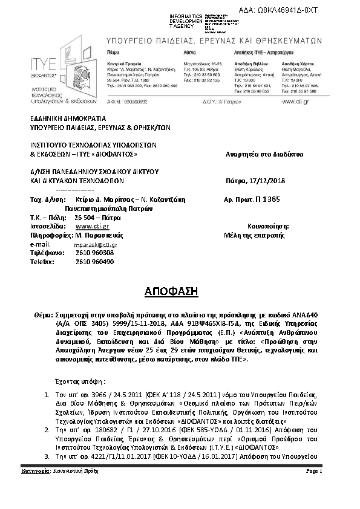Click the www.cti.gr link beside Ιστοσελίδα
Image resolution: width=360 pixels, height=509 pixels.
tap(88, 225)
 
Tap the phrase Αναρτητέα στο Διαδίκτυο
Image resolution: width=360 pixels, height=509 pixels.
tap(264, 154)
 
